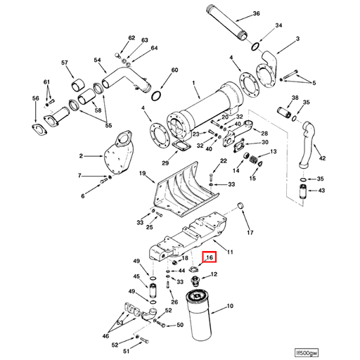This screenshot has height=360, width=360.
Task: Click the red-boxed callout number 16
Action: (209, 259)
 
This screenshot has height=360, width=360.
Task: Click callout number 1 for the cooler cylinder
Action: (193, 83)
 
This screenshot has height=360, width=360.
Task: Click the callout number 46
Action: (106, 337)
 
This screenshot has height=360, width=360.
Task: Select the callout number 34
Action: (279, 25)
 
